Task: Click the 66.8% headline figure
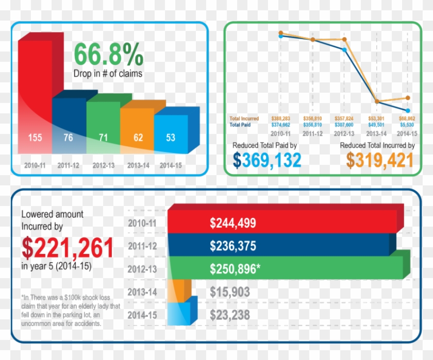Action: point(109,54)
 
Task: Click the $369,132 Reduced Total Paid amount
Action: point(267,161)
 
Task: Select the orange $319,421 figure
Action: point(380,161)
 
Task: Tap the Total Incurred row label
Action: point(244,118)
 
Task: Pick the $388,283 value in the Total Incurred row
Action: point(280,118)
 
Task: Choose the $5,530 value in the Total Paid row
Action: point(407,125)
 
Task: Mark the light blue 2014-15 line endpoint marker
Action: point(408,110)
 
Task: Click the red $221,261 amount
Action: point(68,247)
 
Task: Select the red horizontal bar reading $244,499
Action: point(284,222)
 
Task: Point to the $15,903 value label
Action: point(230,292)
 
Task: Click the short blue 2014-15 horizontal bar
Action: point(178,314)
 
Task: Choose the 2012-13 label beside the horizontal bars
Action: point(142,269)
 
